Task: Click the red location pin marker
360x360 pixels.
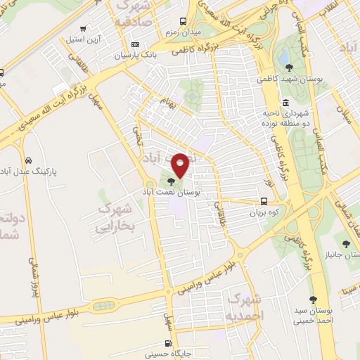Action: click(180, 164)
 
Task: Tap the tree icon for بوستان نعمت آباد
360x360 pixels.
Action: click(172, 184)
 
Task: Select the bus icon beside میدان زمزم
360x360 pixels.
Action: click(183, 21)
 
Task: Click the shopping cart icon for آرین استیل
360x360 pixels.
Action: click(84, 29)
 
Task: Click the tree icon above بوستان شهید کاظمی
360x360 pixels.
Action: click(290, 67)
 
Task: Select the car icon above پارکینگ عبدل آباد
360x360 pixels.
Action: click(27, 160)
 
